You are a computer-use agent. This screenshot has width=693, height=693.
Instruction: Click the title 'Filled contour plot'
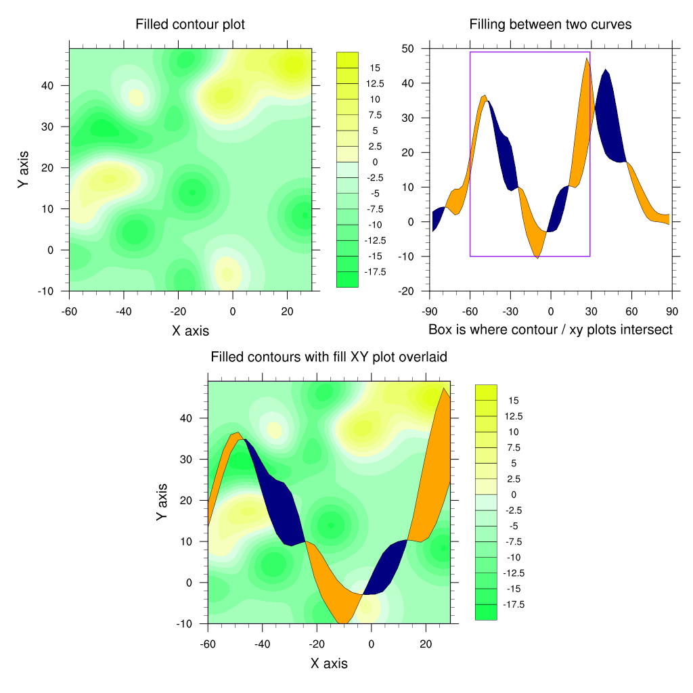click(x=190, y=24)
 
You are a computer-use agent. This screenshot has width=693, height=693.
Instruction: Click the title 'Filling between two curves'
click(x=550, y=24)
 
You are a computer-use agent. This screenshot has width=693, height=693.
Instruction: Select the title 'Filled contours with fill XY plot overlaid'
click(x=329, y=357)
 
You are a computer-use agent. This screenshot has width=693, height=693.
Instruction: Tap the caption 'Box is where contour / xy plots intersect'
click(x=550, y=330)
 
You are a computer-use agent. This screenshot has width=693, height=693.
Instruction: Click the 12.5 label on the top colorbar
click(x=374, y=84)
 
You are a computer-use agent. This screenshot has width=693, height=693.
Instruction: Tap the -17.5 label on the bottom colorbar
click(x=512, y=604)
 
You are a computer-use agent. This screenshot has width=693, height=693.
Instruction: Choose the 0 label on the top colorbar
click(x=374, y=162)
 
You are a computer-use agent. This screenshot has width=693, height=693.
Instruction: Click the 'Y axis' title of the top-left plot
click(x=24, y=169)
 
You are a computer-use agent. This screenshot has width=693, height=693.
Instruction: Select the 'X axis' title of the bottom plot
click(x=329, y=663)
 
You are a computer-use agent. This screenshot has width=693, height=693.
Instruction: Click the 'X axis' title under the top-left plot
click(x=190, y=331)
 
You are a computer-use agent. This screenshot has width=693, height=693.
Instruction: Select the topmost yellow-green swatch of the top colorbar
click(x=347, y=60)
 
